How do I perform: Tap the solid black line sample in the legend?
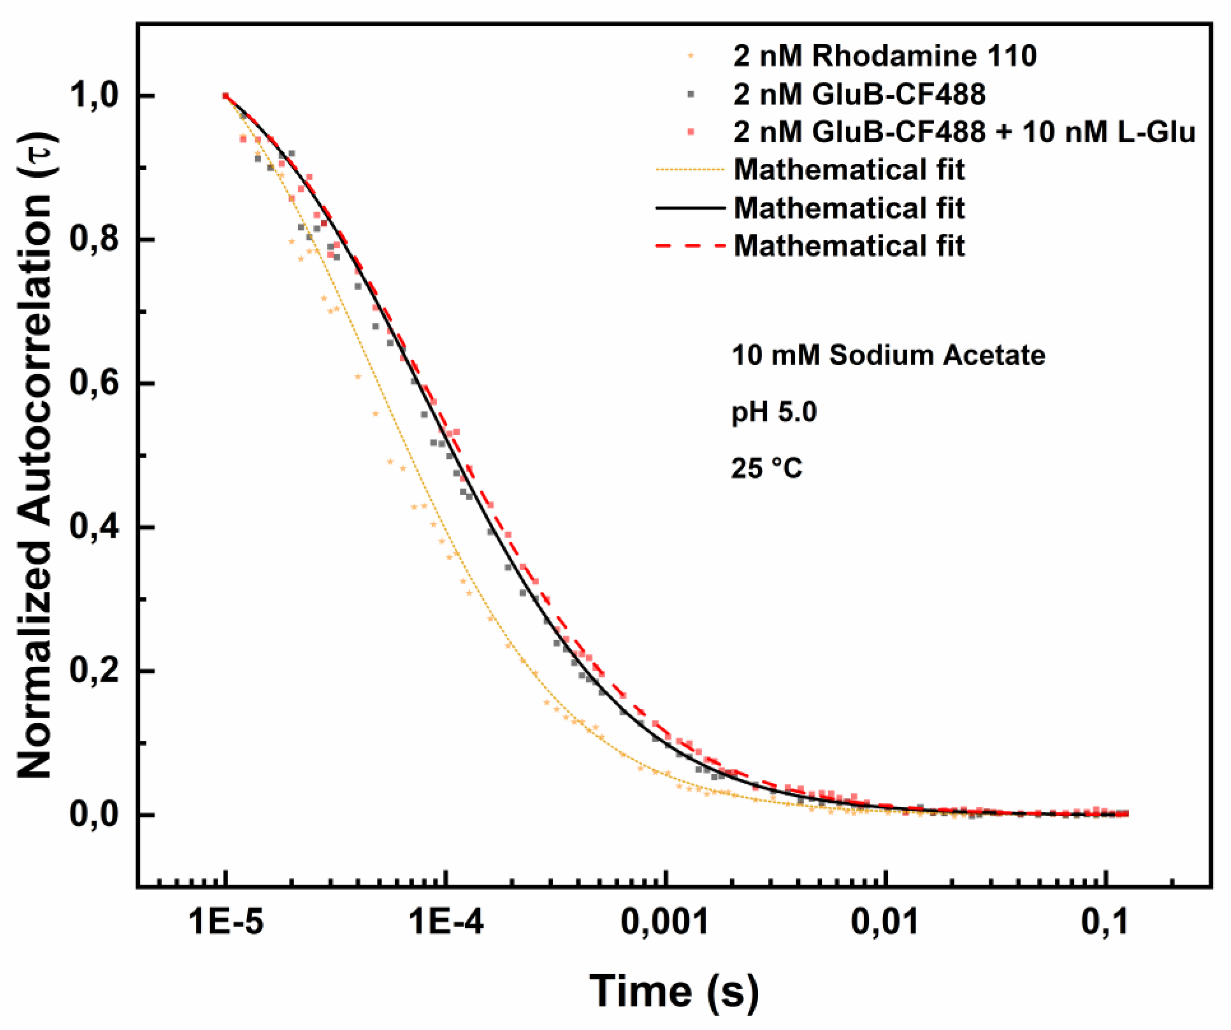tap(691, 208)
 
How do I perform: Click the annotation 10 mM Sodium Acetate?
tap(888, 355)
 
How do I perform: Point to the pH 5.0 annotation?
tap(774, 412)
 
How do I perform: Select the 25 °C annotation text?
tap(766, 469)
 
